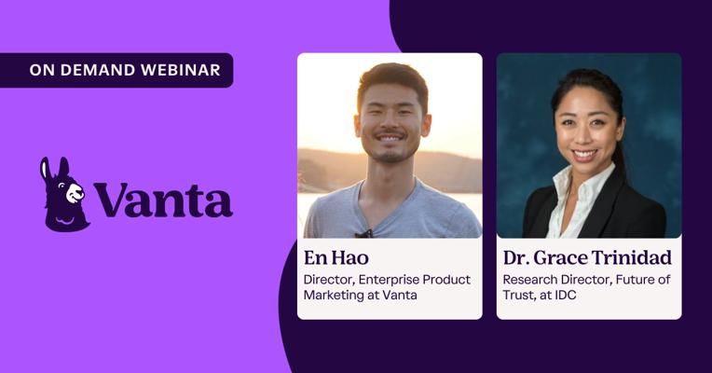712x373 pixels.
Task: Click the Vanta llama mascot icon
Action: (64, 194)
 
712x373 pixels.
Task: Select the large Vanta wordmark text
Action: (164, 200)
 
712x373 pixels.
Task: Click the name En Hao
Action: (336, 257)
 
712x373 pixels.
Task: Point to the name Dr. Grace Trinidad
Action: (587, 257)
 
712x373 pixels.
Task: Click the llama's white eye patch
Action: (75, 193)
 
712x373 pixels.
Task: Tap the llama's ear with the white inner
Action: (45, 170)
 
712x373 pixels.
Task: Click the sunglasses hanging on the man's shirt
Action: (363, 233)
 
